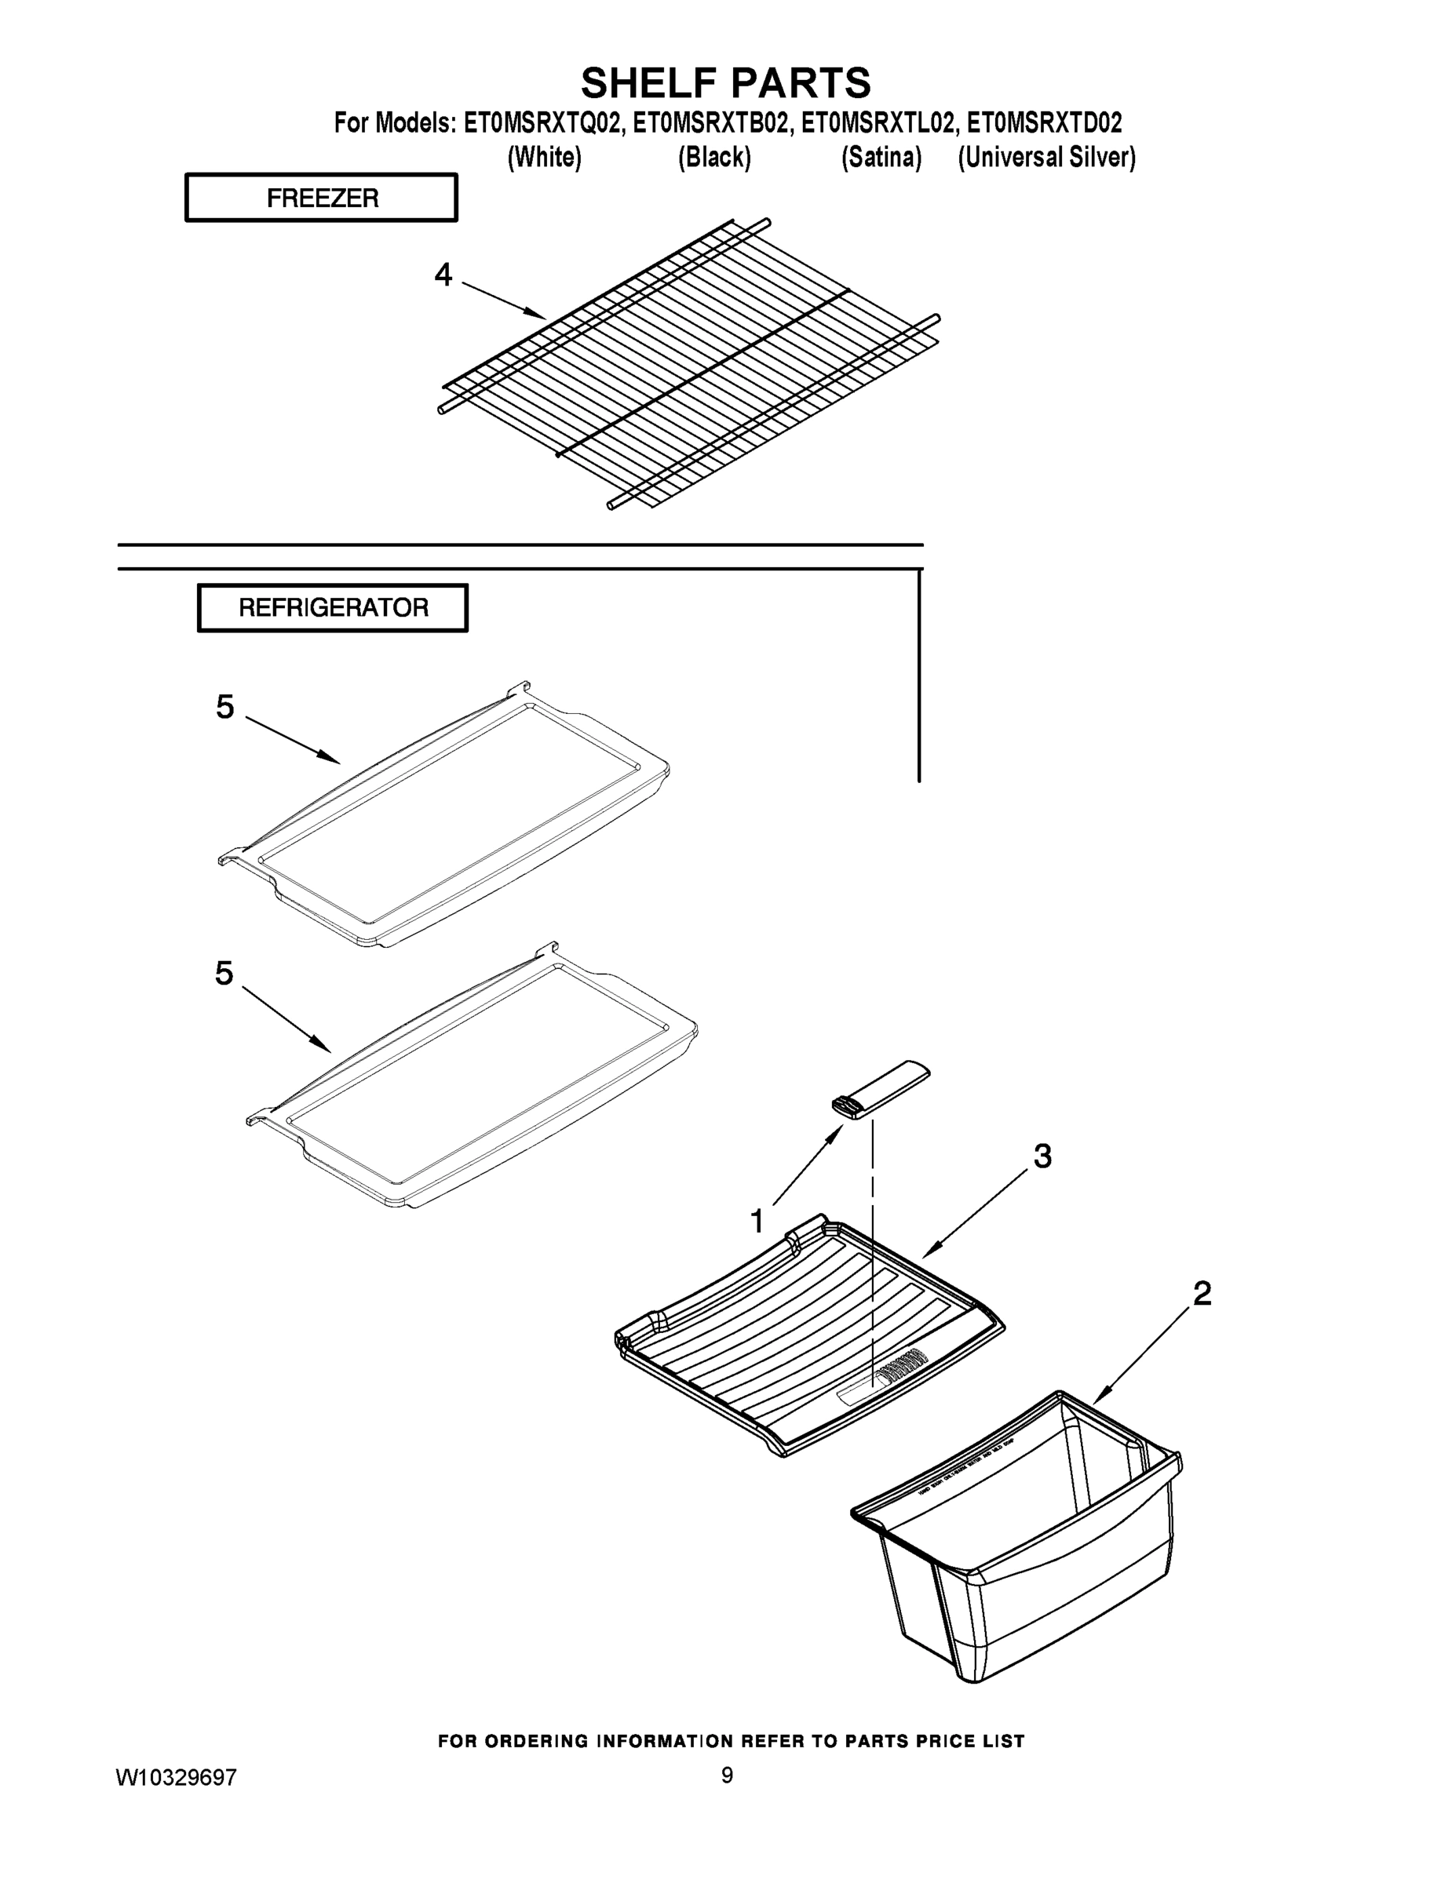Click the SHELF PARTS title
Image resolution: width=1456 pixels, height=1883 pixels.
[725, 84]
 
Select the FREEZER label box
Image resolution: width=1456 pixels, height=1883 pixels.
[321, 198]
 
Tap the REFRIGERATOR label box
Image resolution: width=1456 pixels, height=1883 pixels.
[333, 608]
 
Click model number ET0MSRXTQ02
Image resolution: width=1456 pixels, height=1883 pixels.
[543, 123]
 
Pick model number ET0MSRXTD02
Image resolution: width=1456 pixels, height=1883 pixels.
[1044, 123]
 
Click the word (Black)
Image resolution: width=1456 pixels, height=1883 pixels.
[714, 158]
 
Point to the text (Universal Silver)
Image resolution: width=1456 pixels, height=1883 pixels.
[1046, 158]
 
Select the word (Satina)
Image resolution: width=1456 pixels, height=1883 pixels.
[881, 158]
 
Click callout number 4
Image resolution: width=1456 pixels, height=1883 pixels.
[443, 275]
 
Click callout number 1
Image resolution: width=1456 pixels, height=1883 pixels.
[757, 1222]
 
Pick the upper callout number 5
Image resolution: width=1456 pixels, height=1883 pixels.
[225, 707]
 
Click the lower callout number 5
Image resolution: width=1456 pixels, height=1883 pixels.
[224, 974]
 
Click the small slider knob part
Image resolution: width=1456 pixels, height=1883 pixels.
[880, 1091]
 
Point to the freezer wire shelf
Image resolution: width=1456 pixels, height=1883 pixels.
[690, 362]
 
